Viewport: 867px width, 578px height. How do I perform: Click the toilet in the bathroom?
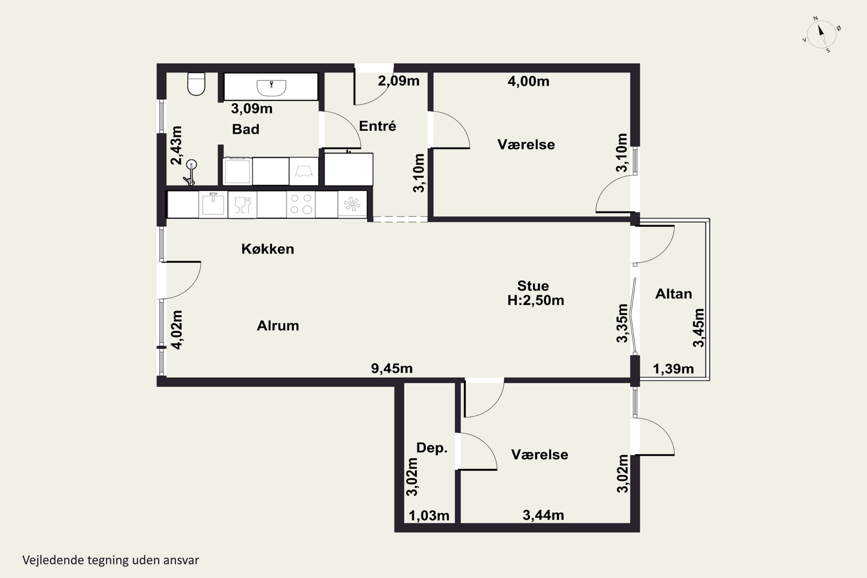(x=196, y=84)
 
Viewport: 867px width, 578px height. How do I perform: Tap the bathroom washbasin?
(x=271, y=88)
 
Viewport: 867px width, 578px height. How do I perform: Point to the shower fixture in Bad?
(x=190, y=172)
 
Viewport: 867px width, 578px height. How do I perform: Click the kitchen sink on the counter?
(x=213, y=203)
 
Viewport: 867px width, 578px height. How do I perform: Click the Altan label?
(x=673, y=294)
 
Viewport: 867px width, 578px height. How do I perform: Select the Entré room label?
(x=377, y=126)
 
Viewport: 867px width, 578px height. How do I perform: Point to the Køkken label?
(x=268, y=249)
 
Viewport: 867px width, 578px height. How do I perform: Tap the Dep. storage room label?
(x=432, y=448)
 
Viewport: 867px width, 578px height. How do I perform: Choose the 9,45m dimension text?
(x=392, y=368)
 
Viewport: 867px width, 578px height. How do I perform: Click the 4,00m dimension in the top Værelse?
(x=528, y=81)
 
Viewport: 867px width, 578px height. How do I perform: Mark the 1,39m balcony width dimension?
(x=673, y=369)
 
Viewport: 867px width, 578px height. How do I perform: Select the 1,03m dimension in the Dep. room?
(x=429, y=516)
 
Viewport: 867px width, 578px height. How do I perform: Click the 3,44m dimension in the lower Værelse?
(x=543, y=515)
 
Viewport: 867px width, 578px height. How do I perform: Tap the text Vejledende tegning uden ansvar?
(x=111, y=560)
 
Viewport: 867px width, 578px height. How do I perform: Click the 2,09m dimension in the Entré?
(x=399, y=81)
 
